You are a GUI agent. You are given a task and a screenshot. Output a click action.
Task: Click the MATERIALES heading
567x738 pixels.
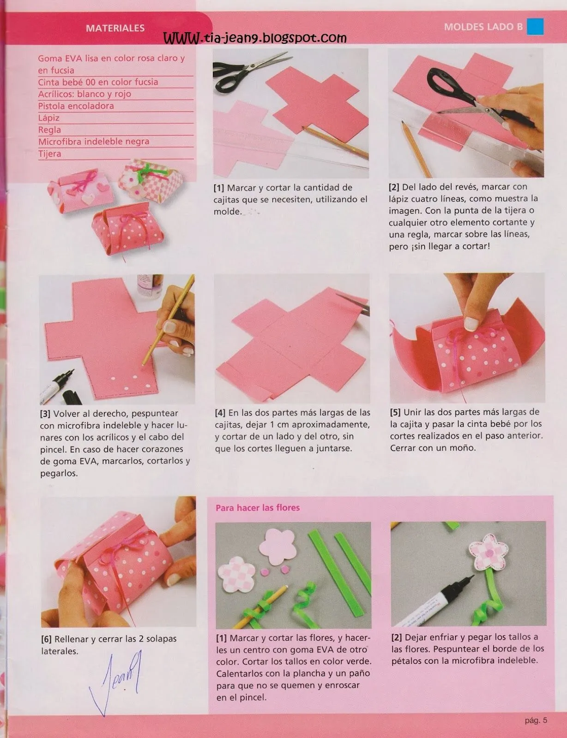pyautogui.click(x=115, y=28)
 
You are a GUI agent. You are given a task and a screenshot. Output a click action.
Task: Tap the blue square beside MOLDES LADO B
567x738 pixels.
pyautogui.click(x=535, y=26)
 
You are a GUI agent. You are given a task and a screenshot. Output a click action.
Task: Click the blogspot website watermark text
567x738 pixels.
pyautogui.click(x=254, y=38)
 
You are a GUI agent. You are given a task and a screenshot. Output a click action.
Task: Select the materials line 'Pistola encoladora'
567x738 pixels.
pyautogui.click(x=76, y=106)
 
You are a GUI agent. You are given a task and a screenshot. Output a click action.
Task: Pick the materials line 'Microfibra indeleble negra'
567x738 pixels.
pyautogui.click(x=93, y=142)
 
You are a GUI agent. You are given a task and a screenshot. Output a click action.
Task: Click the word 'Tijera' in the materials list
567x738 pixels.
pyautogui.click(x=49, y=154)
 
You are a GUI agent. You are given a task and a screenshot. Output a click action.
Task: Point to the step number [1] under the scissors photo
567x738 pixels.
pyautogui.click(x=218, y=188)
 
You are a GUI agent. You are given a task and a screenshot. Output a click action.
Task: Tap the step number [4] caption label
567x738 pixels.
pyautogui.click(x=220, y=413)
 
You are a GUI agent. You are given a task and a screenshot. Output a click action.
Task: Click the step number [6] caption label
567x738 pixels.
pyautogui.click(x=46, y=639)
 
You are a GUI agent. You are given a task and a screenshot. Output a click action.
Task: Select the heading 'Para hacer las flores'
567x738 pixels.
pyautogui.click(x=258, y=508)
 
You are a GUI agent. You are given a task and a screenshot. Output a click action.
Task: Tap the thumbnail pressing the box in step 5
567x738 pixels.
pyautogui.click(x=471, y=324)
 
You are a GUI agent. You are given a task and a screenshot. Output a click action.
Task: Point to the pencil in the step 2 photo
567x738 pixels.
pyautogui.click(x=416, y=149)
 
